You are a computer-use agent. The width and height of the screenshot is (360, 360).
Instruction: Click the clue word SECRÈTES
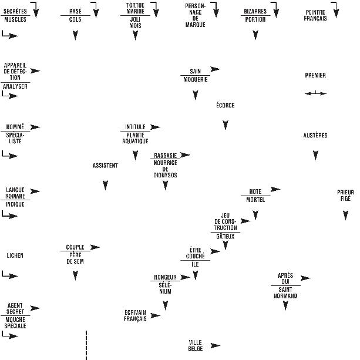tap(15, 11)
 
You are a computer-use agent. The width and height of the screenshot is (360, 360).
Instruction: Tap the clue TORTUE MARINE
tap(135, 8)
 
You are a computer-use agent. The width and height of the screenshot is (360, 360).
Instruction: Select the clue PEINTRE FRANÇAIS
tap(316, 15)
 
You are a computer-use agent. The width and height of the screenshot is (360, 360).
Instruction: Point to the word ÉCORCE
tap(225, 106)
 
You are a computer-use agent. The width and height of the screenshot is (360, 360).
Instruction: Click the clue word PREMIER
tap(315, 76)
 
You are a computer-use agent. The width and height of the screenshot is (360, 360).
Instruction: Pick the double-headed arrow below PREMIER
tap(315, 93)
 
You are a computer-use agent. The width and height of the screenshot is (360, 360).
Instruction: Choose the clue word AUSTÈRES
tap(315, 136)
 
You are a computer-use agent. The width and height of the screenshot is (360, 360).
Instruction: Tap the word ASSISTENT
tap(105, 166)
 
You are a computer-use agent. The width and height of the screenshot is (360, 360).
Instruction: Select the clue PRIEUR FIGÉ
tap(345, 196)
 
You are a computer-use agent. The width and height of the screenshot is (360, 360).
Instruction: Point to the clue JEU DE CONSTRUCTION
tap(226, 221)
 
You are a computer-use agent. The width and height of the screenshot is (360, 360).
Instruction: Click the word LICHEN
tap(15, 256)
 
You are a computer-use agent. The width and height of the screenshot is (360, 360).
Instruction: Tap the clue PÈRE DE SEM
tap(75, 258)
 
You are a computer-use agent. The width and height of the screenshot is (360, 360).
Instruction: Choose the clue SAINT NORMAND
tap(285, 293)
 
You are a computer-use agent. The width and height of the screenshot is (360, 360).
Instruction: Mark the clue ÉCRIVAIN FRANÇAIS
tap(135, 315)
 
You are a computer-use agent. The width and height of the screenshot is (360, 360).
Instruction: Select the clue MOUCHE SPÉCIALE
tap(15, 322)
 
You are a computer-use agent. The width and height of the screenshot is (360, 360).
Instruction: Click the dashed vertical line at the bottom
tap(86, 345)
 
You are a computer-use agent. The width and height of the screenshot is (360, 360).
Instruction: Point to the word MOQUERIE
tap(196, 79)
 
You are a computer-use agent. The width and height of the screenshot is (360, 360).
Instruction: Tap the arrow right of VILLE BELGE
tap(216, 345)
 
